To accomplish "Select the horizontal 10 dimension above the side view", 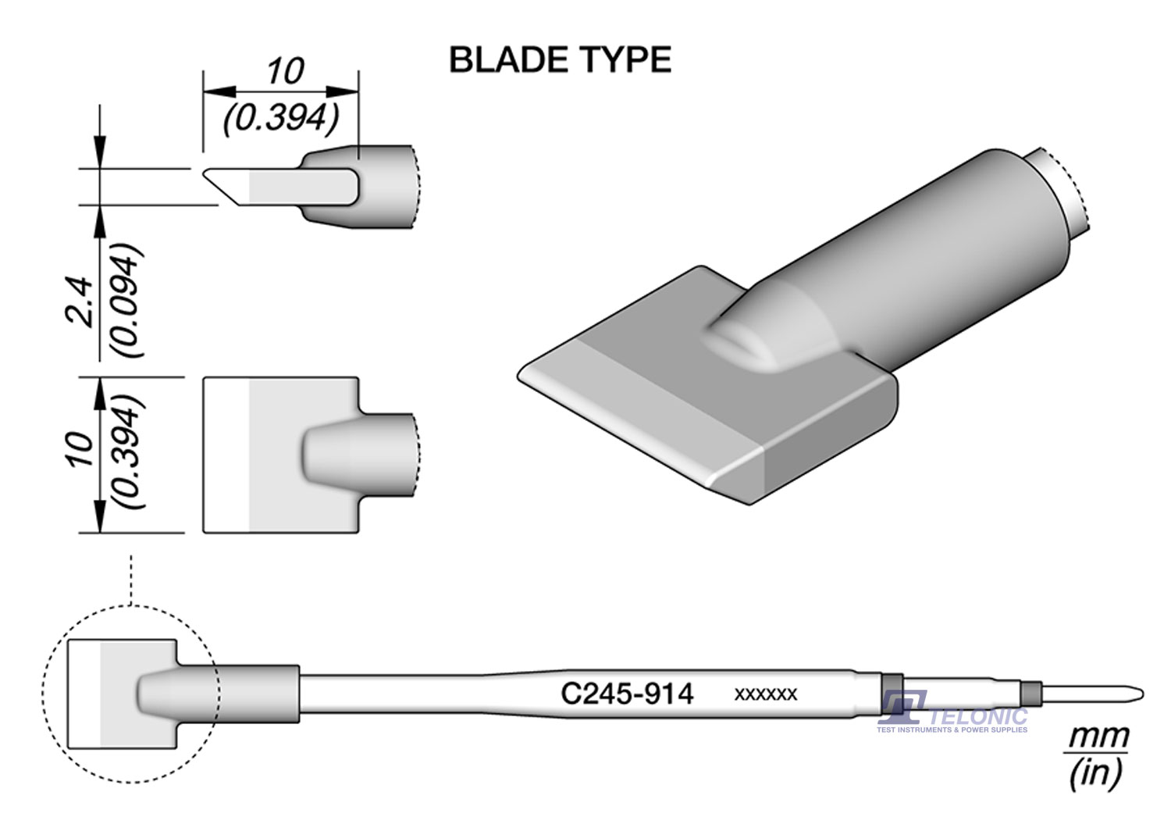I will pyautogui.click(x=284, y=72).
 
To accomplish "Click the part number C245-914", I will pyautogui.click(x=627, y=694).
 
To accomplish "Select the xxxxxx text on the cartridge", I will pyautogui.click(x=765, y=694).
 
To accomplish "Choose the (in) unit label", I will pyautogui.click(x=1097, y=773).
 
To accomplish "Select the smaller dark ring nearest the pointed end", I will pyautogui.click(x=1030, y=693).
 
